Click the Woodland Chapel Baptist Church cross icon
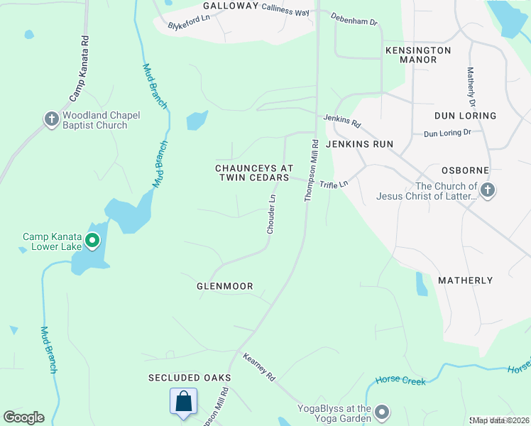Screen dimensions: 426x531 pos(51,119)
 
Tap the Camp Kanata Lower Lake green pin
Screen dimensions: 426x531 pos(92,241)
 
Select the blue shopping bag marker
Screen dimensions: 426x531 pos(183,401)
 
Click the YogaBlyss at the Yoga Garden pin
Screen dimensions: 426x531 pos(382,413)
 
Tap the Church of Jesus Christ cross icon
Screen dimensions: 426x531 pos(487,190)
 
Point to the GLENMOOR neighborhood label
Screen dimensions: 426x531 pos(224,286)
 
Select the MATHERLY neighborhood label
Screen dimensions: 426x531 pos(465,280)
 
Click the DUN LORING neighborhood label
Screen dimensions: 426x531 pos(465,115)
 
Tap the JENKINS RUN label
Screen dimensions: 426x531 pos(359,143)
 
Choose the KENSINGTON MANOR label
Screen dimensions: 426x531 pos(418,55)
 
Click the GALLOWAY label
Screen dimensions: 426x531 pos(231,6)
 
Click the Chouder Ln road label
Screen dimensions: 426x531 pos(270,215)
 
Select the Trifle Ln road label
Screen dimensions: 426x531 pos(334,185)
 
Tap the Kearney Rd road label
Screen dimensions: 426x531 pos(259,368)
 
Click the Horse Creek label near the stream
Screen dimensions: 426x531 pos(401,381)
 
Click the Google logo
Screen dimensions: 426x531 pos(23,417)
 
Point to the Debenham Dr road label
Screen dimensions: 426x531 pos(354,21)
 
